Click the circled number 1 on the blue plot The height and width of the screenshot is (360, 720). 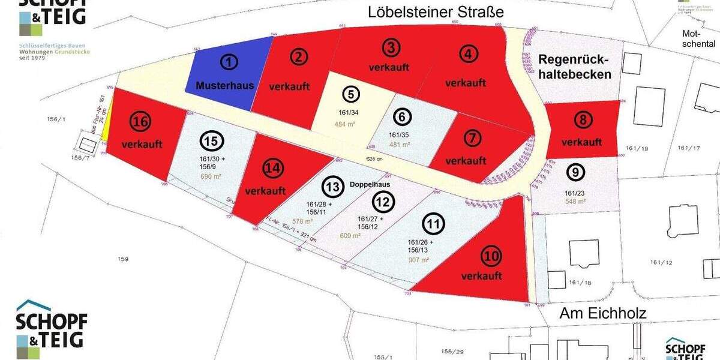[229, 61]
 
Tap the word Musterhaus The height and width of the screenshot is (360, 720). [225, 85]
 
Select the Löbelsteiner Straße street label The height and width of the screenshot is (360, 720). [435, 12]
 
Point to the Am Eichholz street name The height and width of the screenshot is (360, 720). [602, 313]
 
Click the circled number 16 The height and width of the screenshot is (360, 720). [141, 122]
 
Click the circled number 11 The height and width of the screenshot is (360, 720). [433, 224]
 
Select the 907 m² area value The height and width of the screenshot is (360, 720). [418, 260]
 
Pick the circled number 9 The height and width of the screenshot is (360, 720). [575, 173]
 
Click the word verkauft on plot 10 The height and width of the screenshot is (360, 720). [482, 276]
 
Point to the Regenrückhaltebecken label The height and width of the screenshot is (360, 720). [574, 67]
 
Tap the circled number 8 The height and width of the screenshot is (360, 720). [581, 120]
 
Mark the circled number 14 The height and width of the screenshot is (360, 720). [274, 169]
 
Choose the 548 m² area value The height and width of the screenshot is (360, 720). [575, 202]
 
